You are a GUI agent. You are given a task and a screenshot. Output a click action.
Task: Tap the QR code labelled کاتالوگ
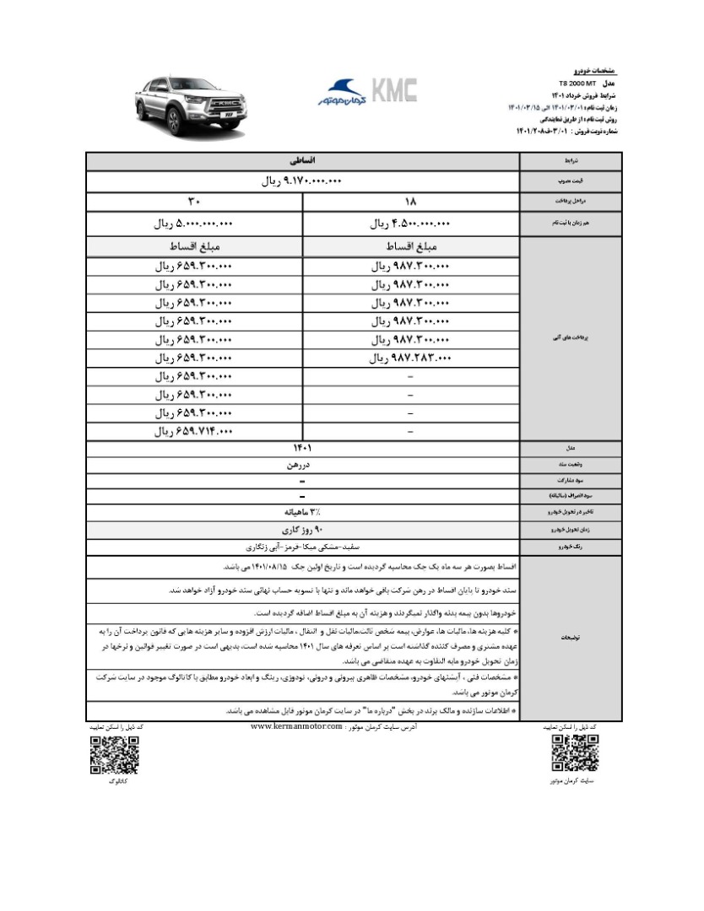pyautogui.click(x=114, y=755)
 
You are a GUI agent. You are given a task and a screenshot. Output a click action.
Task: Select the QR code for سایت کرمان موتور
pyautogui.click(x=576, y=754)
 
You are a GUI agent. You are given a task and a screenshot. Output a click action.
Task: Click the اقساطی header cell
pyautogui.click(x=302, y=159)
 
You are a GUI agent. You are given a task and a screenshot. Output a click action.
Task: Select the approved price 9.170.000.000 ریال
pyautogui.click(x=302, y=181)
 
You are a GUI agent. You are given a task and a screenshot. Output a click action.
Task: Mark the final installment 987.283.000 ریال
pyautogui.click(x=412, y=358)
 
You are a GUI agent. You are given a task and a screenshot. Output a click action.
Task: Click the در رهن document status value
pyautogui.click(x=302, y=463)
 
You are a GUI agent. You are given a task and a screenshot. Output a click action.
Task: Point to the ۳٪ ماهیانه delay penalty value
pyautogui.click(x=302, y=511)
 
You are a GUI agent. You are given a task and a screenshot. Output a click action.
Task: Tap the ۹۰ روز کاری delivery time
pyautogui.click(x=302, y=529)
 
